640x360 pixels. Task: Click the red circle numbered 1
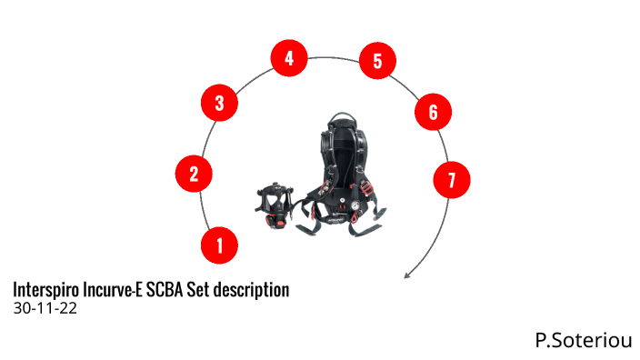pos(219,245)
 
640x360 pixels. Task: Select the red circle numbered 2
pos(194,174)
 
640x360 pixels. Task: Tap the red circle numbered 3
pos(219,103)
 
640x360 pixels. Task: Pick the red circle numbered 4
pos(289,58)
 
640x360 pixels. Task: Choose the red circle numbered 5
pos(377,60)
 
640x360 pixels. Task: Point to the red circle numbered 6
pos(433,112)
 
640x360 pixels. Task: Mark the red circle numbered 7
pos(452,180)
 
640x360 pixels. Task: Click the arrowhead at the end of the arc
pos(406,276)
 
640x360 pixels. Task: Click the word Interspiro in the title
pos(46,290)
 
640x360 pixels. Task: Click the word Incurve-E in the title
pos(113,289)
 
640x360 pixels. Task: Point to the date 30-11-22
pos(45,308)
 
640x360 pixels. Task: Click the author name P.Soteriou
pos(584,340)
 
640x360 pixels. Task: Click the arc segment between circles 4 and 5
pos(334,57)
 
